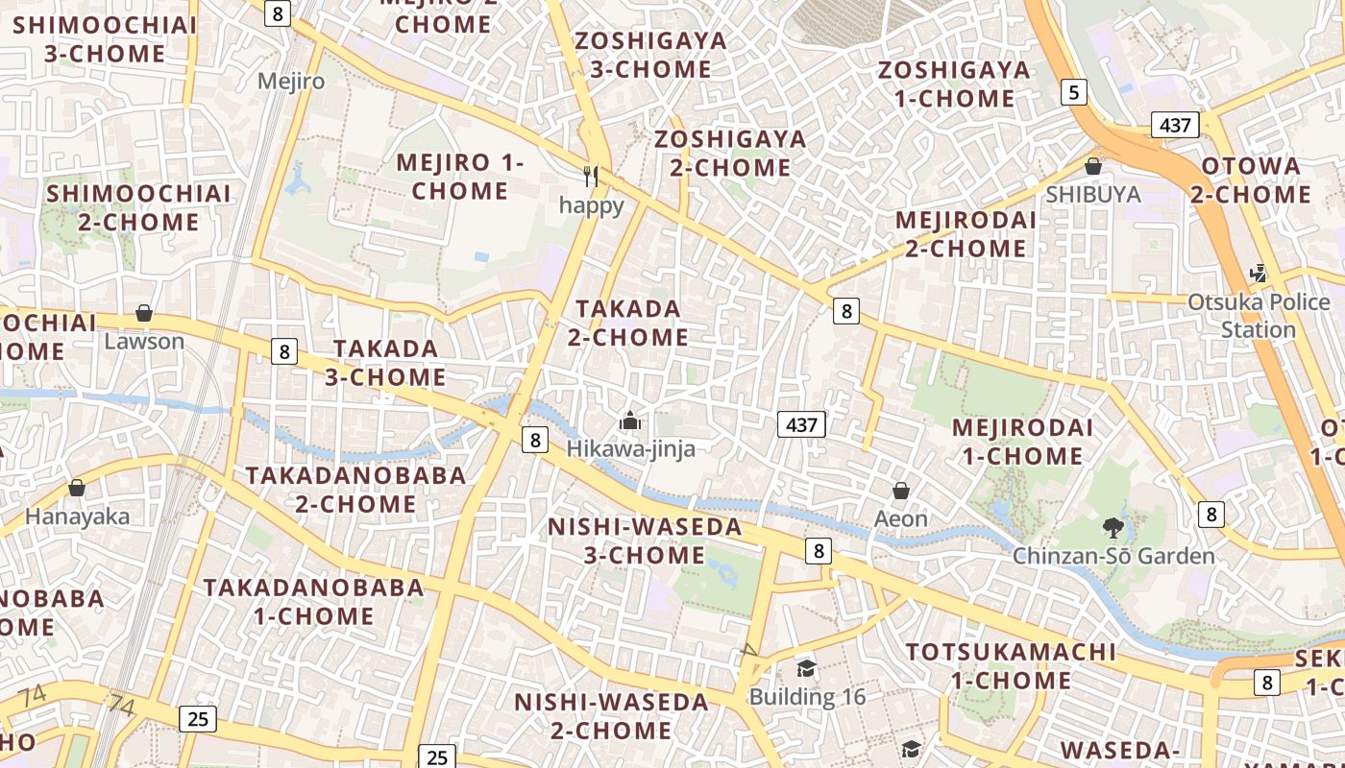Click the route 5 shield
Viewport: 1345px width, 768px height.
[x=1074, y=92]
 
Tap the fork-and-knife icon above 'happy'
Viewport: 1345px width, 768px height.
[x=591, y=177]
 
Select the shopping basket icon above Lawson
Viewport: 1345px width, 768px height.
[x=144, y=313]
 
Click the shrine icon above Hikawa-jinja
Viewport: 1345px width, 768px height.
[x=630, y=420]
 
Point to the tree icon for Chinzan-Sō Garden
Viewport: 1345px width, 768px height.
[x=1113, y=527]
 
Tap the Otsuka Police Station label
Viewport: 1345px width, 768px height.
[x=1258, y=316]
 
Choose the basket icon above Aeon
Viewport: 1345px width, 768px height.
[x=901, y=492]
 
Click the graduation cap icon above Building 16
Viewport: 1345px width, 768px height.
[x=807, y=668]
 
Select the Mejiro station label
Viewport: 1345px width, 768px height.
[x=291, y=81]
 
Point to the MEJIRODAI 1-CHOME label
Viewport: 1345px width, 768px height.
[x=1022, y=442]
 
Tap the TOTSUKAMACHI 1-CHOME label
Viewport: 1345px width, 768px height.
[x=1012, y=666]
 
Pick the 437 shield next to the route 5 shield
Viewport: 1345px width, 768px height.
[x=1175, y=125]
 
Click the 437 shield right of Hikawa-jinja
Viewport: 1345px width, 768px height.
[x=801, y=424]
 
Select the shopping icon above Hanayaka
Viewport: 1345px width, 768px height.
[x=77, y=489]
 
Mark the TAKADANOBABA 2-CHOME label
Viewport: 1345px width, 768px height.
[x=355, y=490]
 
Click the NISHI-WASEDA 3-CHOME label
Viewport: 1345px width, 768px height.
[x=645, y=540]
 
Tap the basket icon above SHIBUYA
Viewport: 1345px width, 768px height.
[x=1092, y=166]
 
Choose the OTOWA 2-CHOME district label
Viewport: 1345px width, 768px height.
[x=1251, y=180]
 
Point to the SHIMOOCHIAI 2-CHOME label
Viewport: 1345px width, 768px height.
[x=138, y=207]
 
